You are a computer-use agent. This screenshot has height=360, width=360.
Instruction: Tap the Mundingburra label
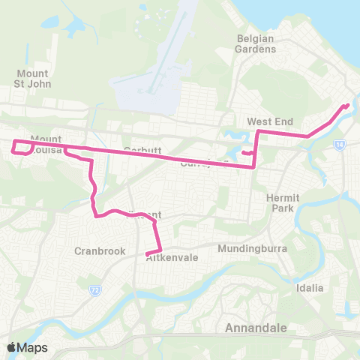pyautogui.click(x=248, y=248)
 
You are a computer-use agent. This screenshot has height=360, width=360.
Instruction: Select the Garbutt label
pyautogui.click(x=142, y=149)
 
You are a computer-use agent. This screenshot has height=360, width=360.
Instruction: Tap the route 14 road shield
pyautogui.click(x=339, y=142)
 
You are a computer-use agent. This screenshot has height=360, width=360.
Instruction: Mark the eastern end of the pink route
pyautogui.click(x=347, y=105)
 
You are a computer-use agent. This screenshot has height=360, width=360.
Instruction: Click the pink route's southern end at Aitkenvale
pyautogui.click(x=147, y=254)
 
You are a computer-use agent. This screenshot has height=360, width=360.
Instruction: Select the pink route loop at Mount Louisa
pyautogui.click(x=22, y=148)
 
